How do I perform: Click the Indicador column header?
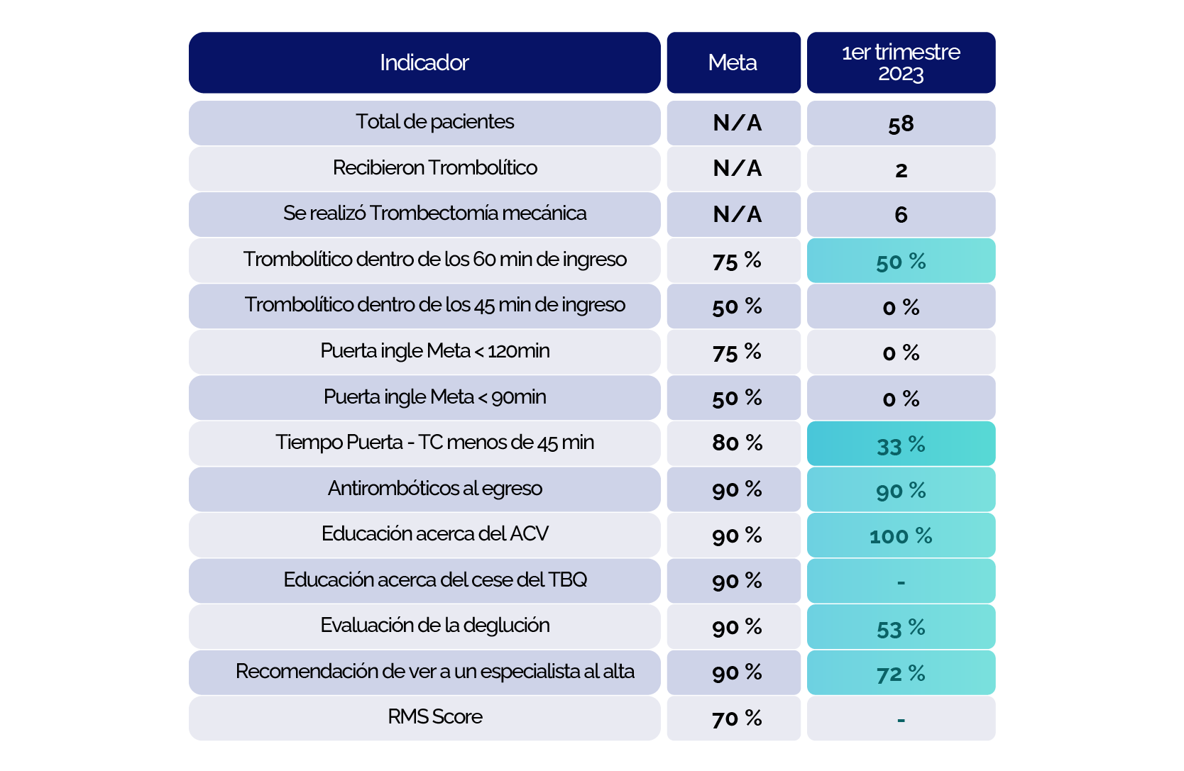point(424,62)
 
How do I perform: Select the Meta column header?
point(733,62)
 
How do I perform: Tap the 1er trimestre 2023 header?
point(901,62)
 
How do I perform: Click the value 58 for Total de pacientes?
point(901,124)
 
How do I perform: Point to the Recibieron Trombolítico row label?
point(434,168)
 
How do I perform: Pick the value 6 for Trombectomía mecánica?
point(901,215)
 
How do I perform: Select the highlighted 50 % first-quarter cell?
point(901,261)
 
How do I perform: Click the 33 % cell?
point(901,445)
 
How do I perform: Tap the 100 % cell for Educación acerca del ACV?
point(901,536)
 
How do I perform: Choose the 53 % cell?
point(901,628)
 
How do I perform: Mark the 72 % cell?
point(901,673)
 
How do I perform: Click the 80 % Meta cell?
point(737,443)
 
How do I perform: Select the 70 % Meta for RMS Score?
point(737,719)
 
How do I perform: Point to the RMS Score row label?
point(434,717)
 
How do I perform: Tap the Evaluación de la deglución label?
point(434,626)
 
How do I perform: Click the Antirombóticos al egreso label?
point(434,489)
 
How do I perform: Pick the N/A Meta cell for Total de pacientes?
point(737,123)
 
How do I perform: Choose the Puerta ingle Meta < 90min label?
point(434,397)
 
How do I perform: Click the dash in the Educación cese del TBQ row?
point(901,582)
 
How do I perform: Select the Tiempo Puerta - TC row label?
point(434,443)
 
